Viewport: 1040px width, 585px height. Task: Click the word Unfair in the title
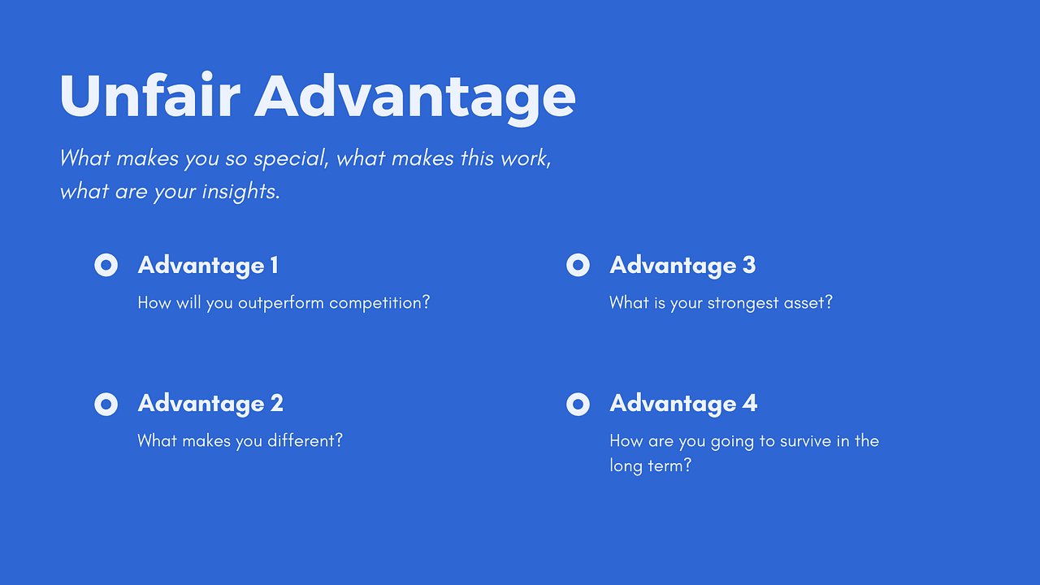[149, 96]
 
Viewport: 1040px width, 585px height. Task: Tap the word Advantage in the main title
[414, 96]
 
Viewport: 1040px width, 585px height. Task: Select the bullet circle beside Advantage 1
[106, 265]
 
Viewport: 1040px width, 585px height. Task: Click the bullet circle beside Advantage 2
[106, 403]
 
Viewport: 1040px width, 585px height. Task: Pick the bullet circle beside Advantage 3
[578, 265]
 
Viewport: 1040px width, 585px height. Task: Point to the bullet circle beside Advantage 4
[578, 403]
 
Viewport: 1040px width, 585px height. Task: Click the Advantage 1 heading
[208, 265]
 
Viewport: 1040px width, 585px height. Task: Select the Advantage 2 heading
[210, 403]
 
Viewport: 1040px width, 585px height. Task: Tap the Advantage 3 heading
[682, 265]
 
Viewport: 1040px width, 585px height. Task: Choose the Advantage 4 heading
[683, 403]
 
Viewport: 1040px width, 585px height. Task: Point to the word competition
[379, 303]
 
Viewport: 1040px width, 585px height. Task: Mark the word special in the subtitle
[291, 158]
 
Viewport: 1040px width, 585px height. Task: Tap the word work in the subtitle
[526, 158]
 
